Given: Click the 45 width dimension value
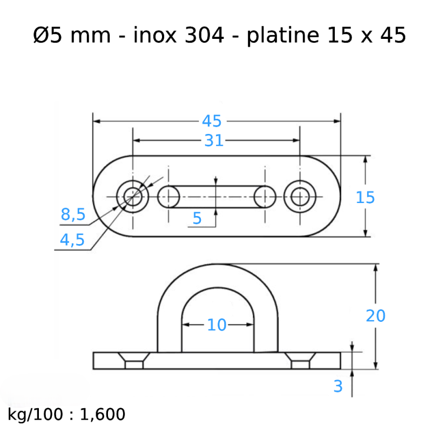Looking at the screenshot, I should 212,121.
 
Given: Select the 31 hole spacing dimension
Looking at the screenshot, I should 214,140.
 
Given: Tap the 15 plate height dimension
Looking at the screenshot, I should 365,198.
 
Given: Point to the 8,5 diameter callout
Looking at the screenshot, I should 73,215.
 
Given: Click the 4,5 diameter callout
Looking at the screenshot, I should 72,240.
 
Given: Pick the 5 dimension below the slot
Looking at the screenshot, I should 197,218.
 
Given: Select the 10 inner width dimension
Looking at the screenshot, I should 217,325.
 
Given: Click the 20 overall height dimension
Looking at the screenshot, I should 375,316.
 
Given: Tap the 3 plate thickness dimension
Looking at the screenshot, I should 339,386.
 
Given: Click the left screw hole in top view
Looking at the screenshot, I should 132,197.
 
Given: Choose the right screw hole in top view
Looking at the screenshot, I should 300,197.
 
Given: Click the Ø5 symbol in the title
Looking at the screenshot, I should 45,36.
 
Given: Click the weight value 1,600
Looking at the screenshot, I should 103,415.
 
